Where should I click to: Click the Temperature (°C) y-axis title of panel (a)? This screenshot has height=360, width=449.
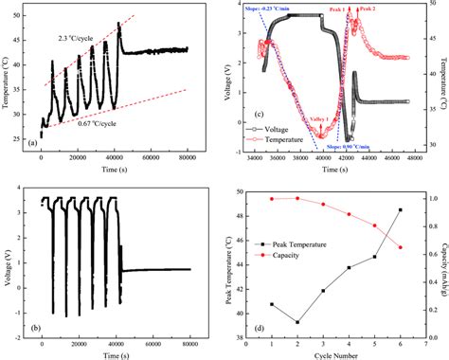9,80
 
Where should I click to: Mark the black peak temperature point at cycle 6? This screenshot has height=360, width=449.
400,209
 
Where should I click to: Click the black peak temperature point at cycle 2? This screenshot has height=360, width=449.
298,322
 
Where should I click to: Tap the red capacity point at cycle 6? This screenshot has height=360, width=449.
400,247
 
